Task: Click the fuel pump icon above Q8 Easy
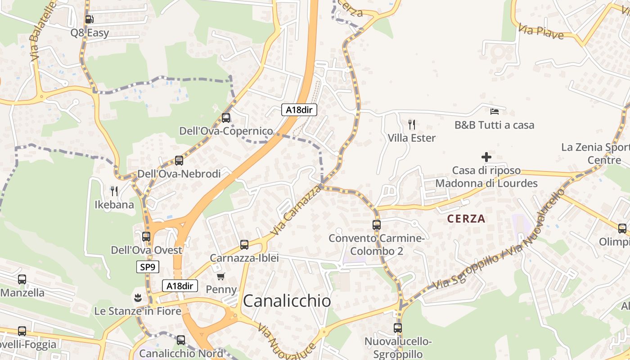click(89, 19)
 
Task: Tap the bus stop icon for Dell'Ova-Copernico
click(226, 118)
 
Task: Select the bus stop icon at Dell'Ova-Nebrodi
click(179, 161)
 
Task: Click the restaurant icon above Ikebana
click(114, 191)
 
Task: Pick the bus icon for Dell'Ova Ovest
click(146, 237)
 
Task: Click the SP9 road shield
click(148, 267)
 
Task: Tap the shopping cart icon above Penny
click(220, 276)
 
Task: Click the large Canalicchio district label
click(287, 301)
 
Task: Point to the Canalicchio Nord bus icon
click(181, 340)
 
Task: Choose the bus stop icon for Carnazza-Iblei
click(244, 245)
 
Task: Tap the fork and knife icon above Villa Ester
click(412, 125)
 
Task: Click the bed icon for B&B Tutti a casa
click(495, 111)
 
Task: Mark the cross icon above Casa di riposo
click(486, 157)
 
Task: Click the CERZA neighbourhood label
click(466, 219)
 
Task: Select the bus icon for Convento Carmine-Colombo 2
click(377, 225)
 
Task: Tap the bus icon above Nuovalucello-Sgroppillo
click(398, 328)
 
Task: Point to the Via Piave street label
click(541, 32)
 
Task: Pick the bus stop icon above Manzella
click(22, 279)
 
